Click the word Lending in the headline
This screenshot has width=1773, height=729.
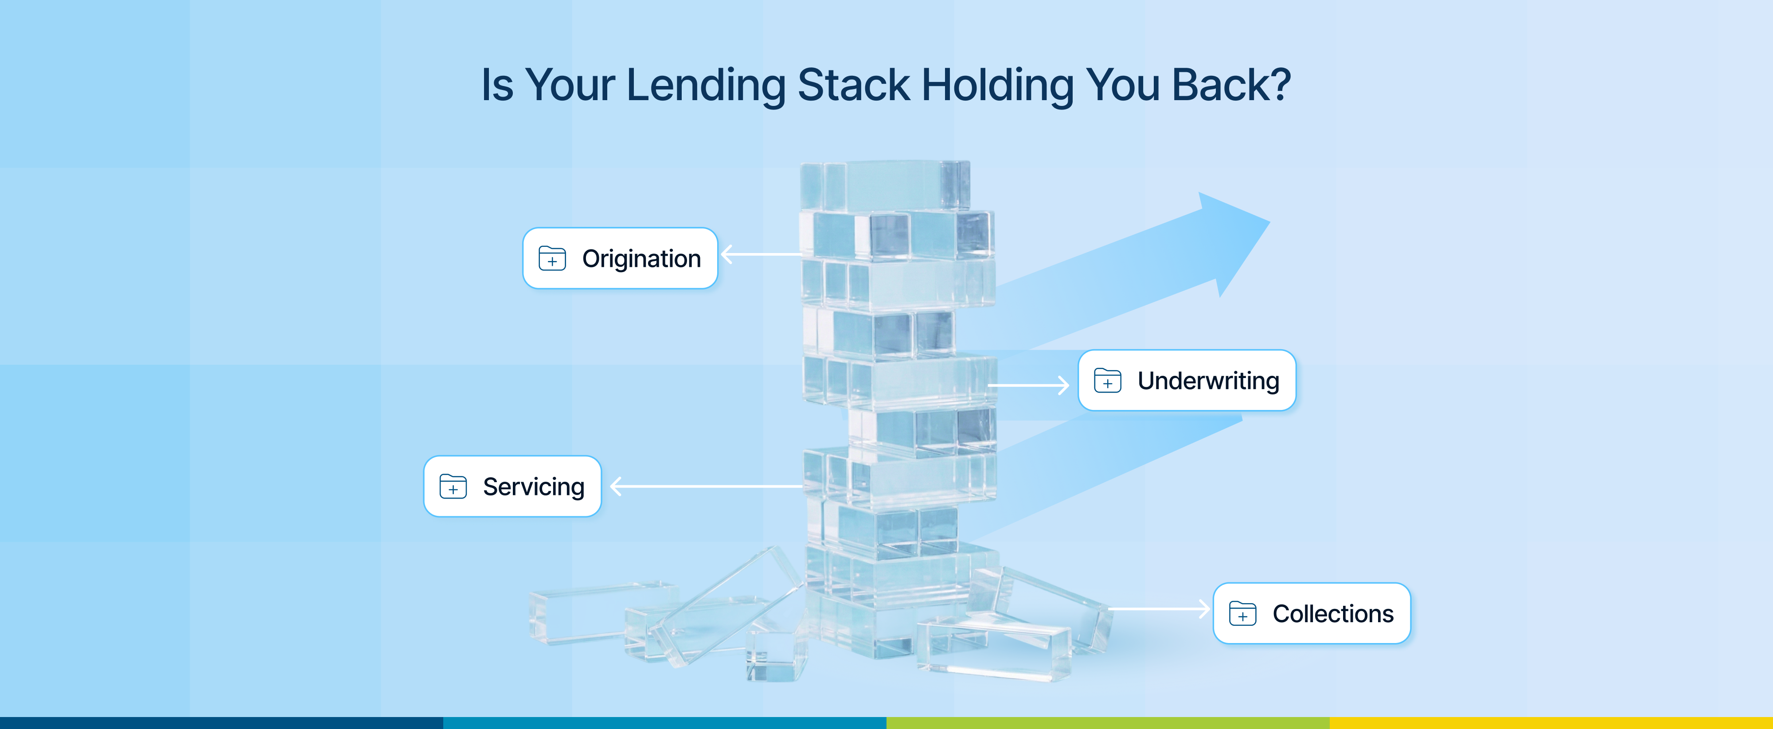click(x=706, y=86)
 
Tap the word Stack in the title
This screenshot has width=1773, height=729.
click(x=853, y=86)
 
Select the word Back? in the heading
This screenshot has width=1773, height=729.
click(x=1230, y=86)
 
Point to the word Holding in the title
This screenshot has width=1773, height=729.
click(x=997, y=86)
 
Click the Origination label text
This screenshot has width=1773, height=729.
click(x=641, y=259)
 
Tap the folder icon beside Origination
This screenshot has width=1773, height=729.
click(x=552, y=258)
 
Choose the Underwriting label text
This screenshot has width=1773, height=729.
click(x=1208, y=381)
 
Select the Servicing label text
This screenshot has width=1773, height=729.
click(x=533, y=487)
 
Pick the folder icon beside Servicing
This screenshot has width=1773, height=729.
click(x=453, y=486)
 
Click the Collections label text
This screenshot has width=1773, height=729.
click(x=1332, y=613)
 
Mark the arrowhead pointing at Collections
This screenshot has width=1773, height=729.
click(x=1204, y=608)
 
